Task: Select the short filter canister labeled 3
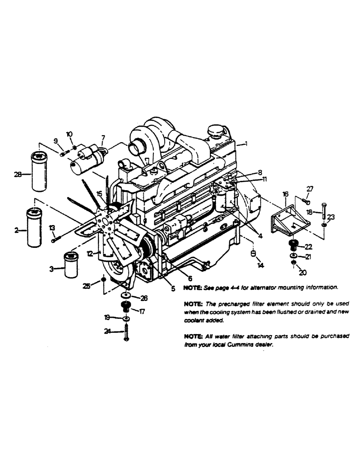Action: (x=71, y=264)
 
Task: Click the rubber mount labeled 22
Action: (x=294, y=246)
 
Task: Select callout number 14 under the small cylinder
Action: (x=261, y=265)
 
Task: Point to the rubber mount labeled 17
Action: (x=125, y=306)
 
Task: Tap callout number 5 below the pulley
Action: (x=173, y=289)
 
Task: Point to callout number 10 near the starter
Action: (x=70, y=135)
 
